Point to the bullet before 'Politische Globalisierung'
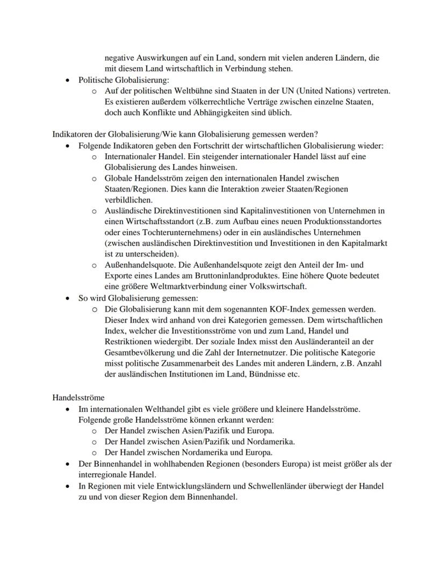click(x=68, y=80)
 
